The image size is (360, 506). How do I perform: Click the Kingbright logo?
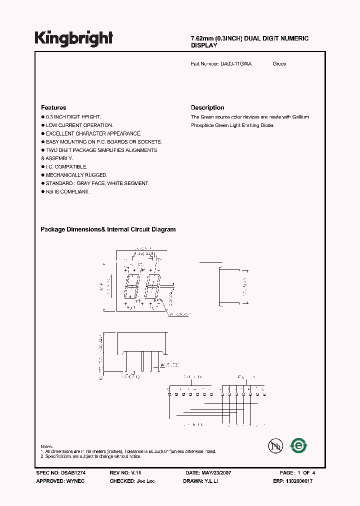click(x=74, y=38)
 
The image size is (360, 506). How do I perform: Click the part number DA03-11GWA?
click(x=236, y=64)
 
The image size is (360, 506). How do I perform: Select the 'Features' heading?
click(x=53, y=107)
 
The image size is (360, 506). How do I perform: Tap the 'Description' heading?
click(x=207, y=107)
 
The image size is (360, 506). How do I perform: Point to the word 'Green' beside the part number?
click(x=279, y=64)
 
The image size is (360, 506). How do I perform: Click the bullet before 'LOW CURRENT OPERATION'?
click(x=42, y=125)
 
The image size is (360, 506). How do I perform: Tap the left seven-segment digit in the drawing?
click(x=132, y=286)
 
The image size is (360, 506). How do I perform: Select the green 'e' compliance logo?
click(x=299, y=444)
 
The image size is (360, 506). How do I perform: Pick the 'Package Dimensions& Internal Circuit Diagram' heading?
click(x=108, y=229)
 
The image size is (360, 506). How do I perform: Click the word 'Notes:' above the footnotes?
click(x=46, y=446)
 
